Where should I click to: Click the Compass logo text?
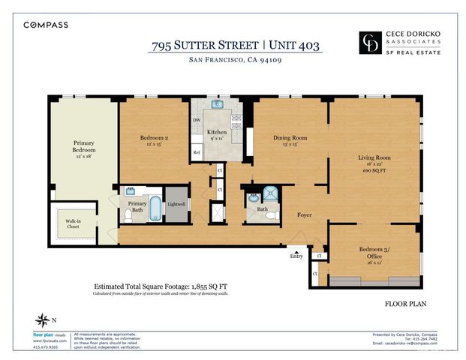point(46,25)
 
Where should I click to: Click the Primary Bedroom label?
point(84,146)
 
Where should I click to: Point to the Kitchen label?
point(217,132)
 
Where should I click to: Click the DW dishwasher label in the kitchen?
point(197,120)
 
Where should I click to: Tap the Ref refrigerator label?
point(197,152)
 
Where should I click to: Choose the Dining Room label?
point(289,137)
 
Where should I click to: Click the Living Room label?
point(373,157)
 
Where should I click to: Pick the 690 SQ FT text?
point(373,172)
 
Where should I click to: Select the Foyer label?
point(303,215)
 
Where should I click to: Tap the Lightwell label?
point(176,204)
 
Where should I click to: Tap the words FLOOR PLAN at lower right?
point(406,305)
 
